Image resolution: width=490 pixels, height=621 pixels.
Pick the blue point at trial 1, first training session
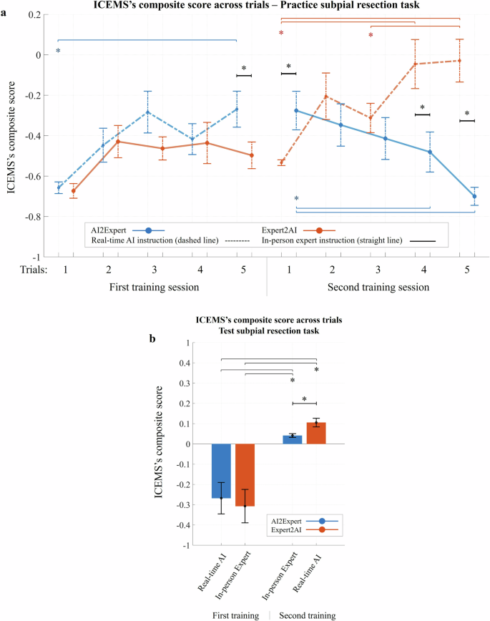pos(59,187)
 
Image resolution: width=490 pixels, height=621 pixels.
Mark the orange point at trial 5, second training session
pos(460,61)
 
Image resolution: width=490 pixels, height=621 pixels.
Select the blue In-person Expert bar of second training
pos(293,439)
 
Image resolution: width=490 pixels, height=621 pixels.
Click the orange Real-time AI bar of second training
pos(316,434)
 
